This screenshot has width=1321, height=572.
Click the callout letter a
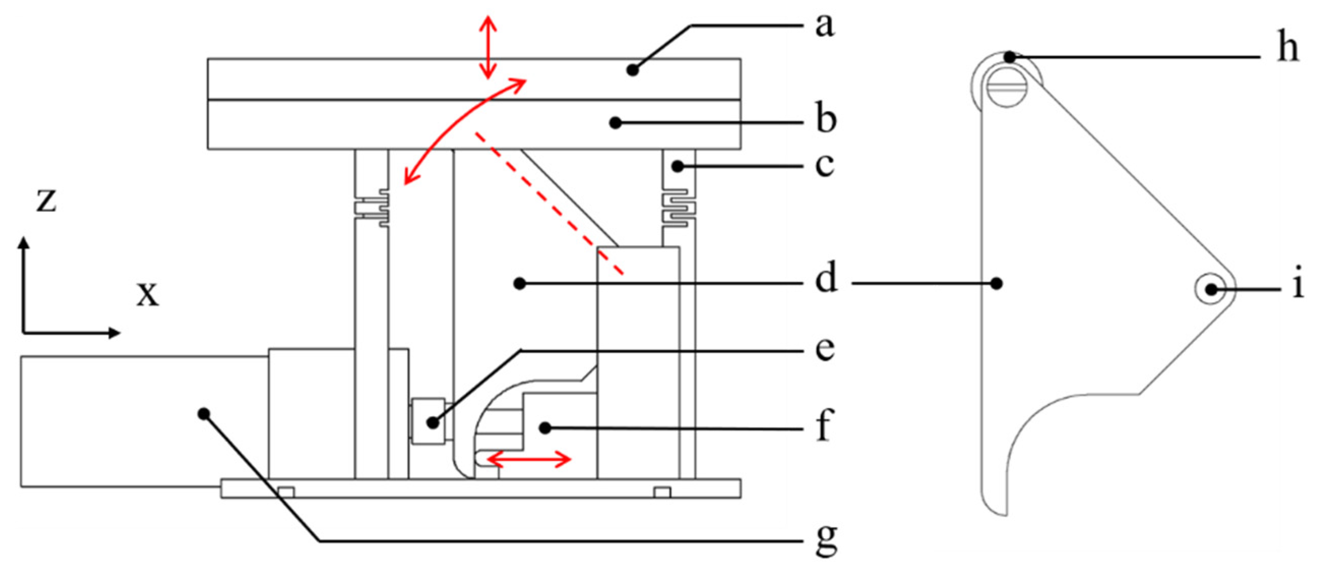pyautogui.click(x=825, y=25)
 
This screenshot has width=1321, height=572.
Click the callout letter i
pyautogui.click(x=1298, y=286)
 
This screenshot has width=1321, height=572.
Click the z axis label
pyautogui.click(x=46, y=200)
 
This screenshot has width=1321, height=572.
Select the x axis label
pyautogui.click(x=148, y=294)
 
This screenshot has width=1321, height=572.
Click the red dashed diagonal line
pyautogui.click(x=549, y=203)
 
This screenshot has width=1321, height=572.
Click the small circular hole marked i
pyautogui.click(x=1211, y=289)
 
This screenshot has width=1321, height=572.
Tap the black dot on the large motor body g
pyautogui.click(x=204, y=413)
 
